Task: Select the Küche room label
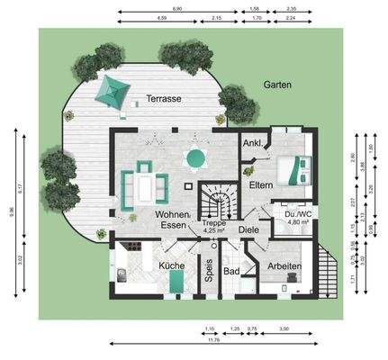(171, 266)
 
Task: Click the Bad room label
(231, 270)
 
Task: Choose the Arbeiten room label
(284, 266)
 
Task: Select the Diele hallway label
(249, 229)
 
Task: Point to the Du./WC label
(298, 214)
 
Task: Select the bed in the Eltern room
(293, 166)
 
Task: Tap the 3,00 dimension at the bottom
(284, 328)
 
